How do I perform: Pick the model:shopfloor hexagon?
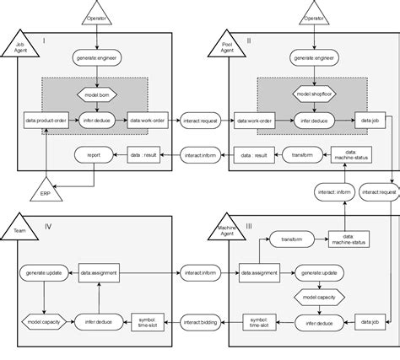[x=314, y=96]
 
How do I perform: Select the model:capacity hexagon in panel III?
[x=316, y=298]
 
